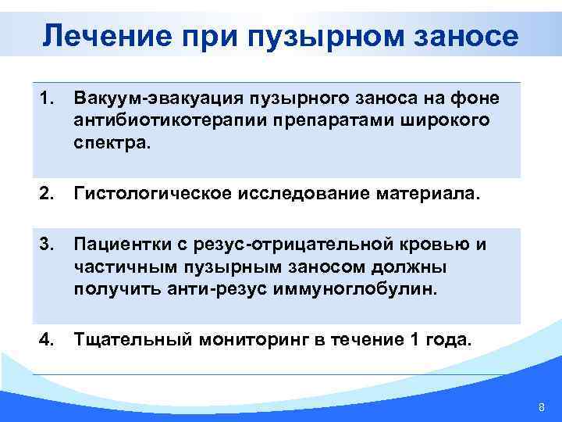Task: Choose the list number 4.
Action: (46, 341)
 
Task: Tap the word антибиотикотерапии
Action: (165, 121)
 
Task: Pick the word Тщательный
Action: (125, 341)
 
